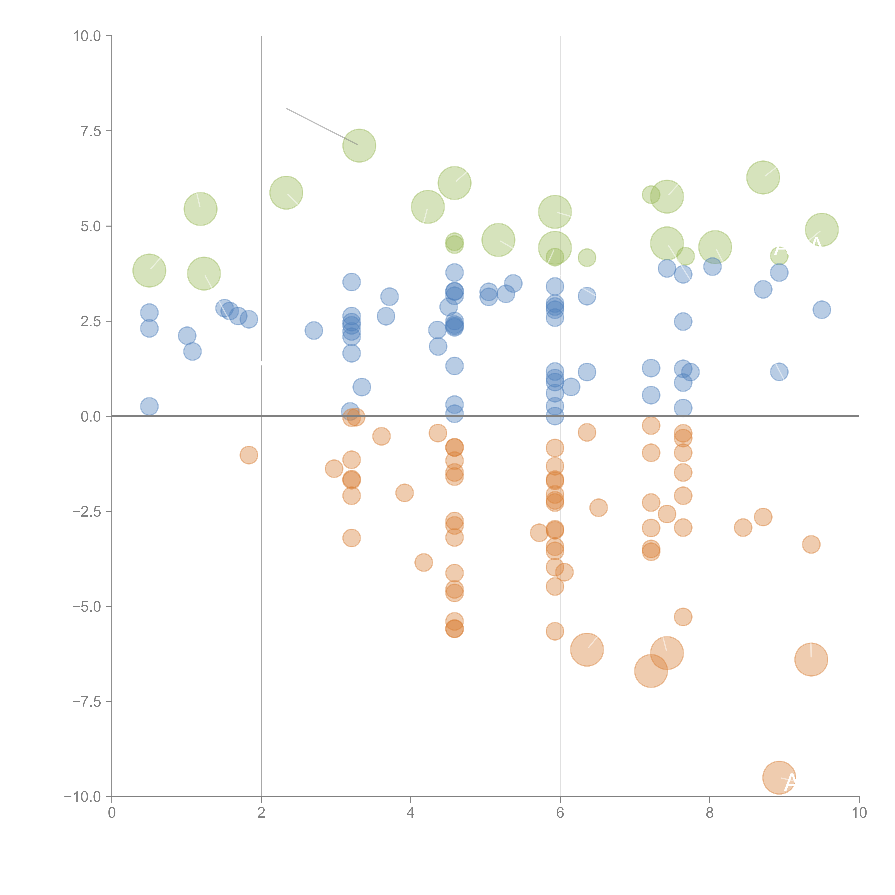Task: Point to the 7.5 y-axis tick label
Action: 91,131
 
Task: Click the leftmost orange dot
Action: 249,455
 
